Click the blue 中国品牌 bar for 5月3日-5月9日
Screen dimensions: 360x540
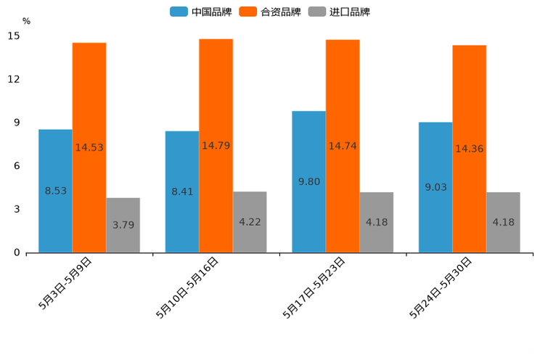[x=55, y=190]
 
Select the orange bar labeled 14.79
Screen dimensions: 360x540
[x=216, y=145]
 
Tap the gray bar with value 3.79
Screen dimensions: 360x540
[x=123, y=225]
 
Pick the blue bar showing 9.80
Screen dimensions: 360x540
[x=308, y=181]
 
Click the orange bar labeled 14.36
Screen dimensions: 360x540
[x=469, y=149]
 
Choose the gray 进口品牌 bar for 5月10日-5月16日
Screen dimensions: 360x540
[x=250, y=222]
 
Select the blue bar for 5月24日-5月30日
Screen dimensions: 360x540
[x=435, y=187]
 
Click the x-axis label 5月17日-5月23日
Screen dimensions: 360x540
[x=314, y=288]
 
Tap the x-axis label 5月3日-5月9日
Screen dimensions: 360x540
[x=65, y=284]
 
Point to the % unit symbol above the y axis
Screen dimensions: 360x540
[x=26, y=21]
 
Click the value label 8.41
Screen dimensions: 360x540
[x=182, y=192]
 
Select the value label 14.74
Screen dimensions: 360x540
[x=343, y=146]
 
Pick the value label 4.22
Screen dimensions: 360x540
[x=250, y=222]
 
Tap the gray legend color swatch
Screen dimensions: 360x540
[x=316, y=12]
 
